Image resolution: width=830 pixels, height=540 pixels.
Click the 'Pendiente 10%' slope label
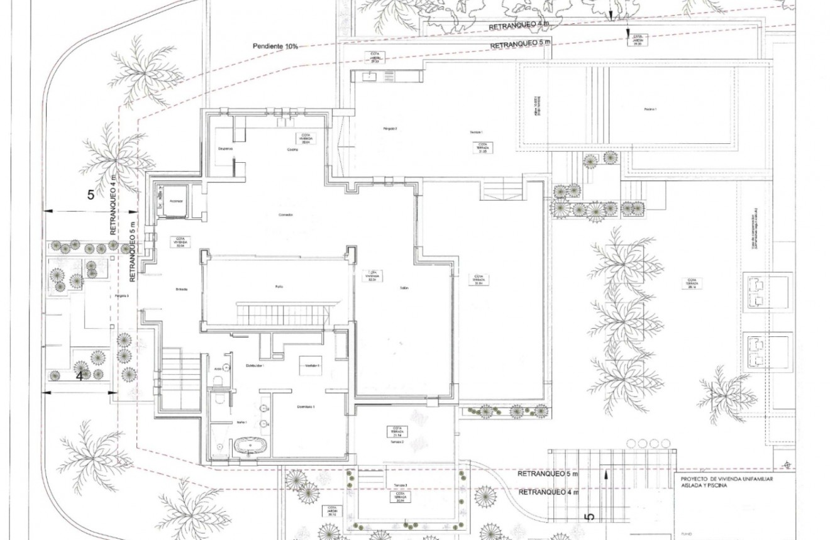(275, 47)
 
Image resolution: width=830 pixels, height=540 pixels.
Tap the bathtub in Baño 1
(251, 447)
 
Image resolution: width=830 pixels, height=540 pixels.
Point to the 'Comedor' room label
(285, 215)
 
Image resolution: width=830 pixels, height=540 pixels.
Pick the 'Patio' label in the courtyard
(279, 287)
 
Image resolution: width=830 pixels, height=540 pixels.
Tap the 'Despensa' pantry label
(225, 149)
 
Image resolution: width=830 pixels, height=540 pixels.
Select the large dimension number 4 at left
(80, 377)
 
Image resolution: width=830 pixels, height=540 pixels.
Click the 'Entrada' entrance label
(182, 289)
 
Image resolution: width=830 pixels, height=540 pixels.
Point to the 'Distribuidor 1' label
(254, 365)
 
